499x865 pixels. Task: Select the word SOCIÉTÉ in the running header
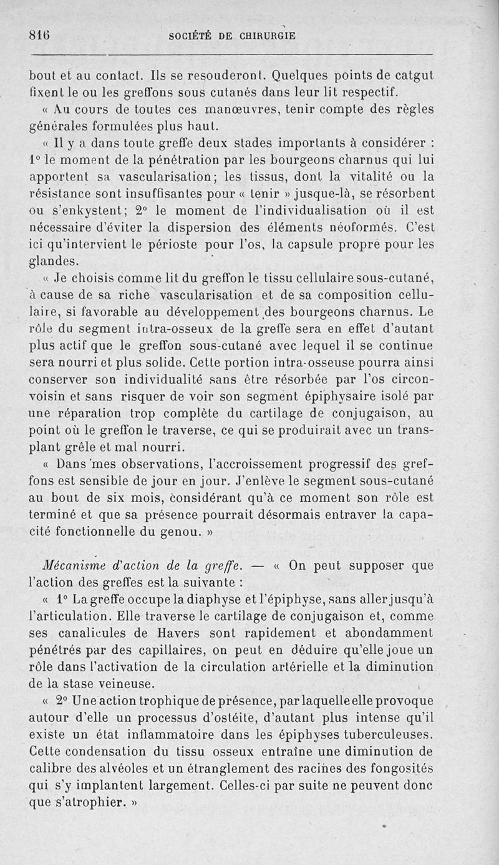[x=192, y=36]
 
